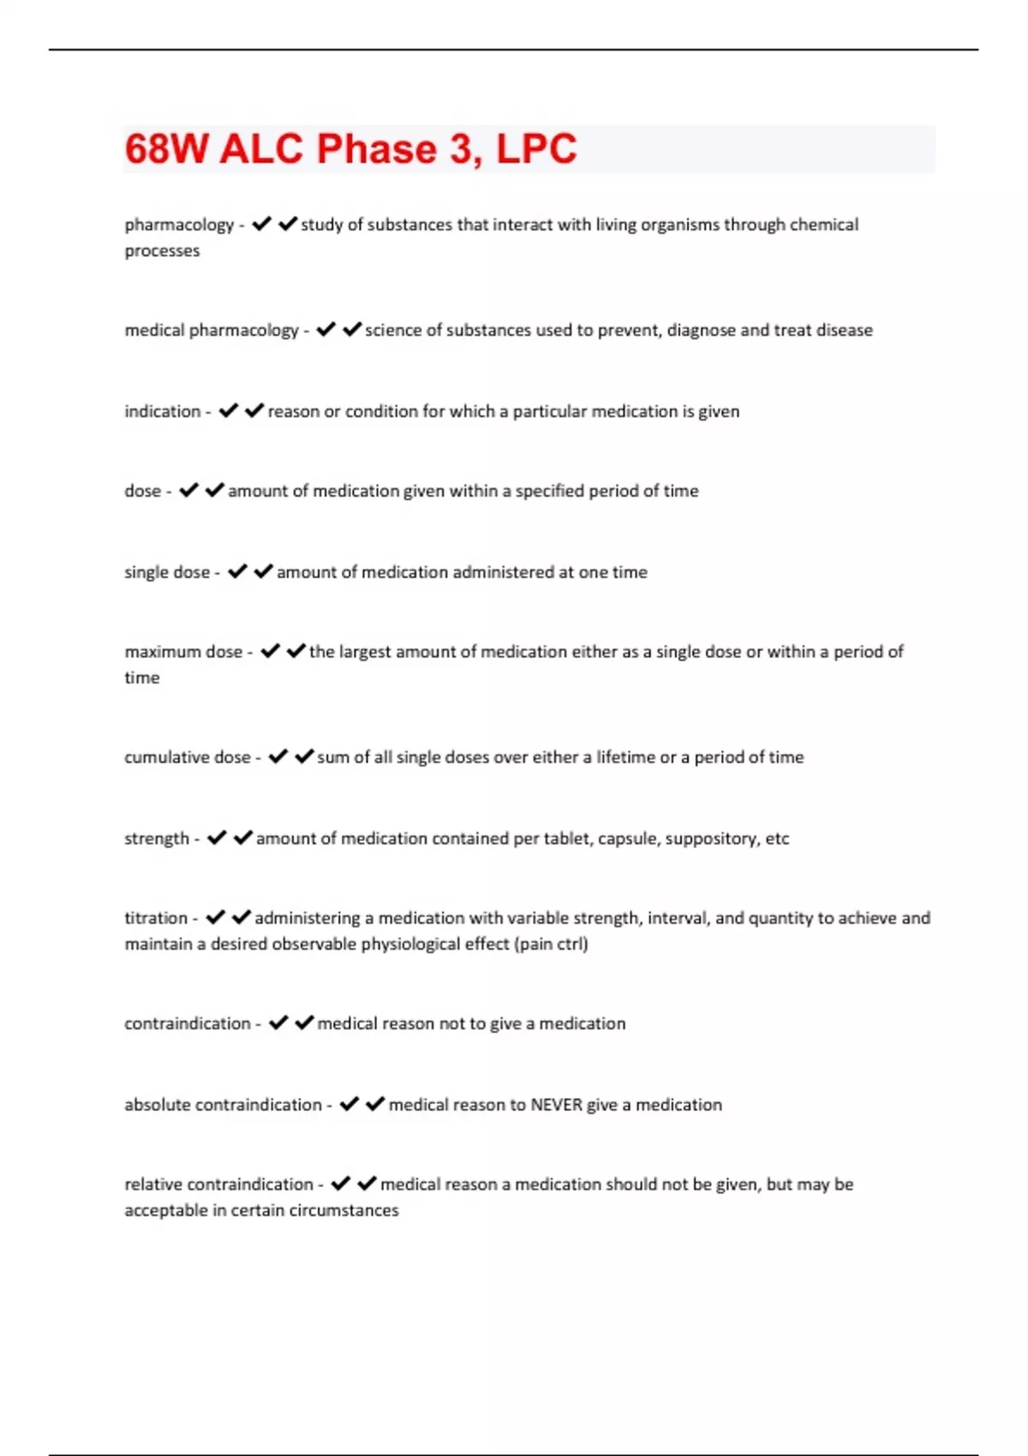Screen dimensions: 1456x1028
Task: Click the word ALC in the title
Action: [x=261, y=149]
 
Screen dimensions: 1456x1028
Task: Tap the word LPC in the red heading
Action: [x=536, y=149]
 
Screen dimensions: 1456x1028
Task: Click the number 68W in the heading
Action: [x=166, y=149]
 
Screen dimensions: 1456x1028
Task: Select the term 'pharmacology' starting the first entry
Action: [x=179, y=224]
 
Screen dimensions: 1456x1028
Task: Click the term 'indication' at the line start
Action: [x=162, y=411]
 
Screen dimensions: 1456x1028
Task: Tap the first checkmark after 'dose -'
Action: [x=188, y=490]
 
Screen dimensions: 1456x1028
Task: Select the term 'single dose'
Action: [x=167, y=572]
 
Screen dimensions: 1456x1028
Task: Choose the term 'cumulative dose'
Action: [x=187, y=757]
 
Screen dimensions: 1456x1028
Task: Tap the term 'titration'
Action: [x=156, y=918]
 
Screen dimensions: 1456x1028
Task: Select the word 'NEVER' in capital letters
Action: [x=556, y=1105]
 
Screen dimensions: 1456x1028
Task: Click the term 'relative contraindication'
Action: [x=218, y=1184]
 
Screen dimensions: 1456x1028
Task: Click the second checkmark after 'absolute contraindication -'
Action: [x=375, y=1104]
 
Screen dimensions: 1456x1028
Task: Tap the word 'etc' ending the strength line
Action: [x=777, y=838]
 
